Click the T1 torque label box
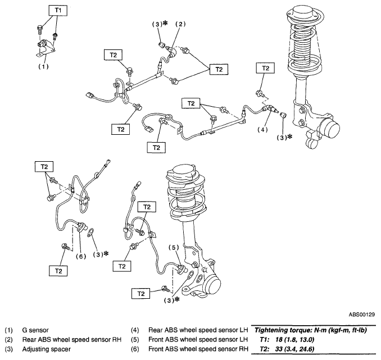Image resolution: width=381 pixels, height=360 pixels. pyautogui.click(x=58, y=10)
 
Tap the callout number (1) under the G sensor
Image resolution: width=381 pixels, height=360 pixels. pyautogui.click(x=43, y=66)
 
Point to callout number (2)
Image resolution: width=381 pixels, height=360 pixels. pyautogui.click(x=180, y=24)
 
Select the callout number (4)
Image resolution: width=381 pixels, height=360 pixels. pyautogui.click(x=262, y=130)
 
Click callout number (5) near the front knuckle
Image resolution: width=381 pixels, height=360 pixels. pyautogui.click(x=174, y=248)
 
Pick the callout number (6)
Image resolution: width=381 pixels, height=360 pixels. pyautogui.click(x=81, y=256)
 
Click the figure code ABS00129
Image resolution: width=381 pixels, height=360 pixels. pyautogui.click(x=362, y=315)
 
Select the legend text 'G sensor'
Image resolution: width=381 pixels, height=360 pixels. pyautogui.click(x=35, y=330)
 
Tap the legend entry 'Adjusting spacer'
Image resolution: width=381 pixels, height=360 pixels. pyautogui.click(x=47, y=349)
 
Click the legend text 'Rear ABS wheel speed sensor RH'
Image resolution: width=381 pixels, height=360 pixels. pyautogui.click(x=72, y=340)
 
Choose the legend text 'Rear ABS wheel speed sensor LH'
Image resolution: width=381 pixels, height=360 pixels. pyautogui.click(x=198, y=330)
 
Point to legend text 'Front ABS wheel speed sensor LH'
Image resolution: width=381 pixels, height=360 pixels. pyautogui.click(x=198, y=340)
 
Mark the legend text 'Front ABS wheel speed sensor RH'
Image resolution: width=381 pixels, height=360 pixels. pyautogui.click(x=198, y=349)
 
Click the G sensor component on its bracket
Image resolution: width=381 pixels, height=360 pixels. pyautogui.click(x=43, y=44)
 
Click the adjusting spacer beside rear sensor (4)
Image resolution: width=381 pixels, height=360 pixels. pyautogui.click(x=283, y=115)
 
